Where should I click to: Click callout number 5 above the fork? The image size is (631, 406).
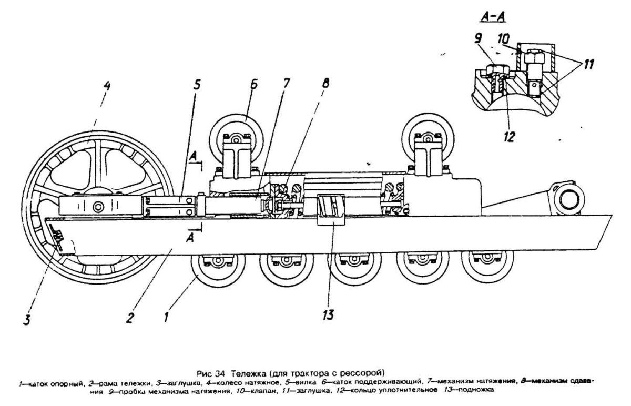pyautogui.click(x=196, y=85)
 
